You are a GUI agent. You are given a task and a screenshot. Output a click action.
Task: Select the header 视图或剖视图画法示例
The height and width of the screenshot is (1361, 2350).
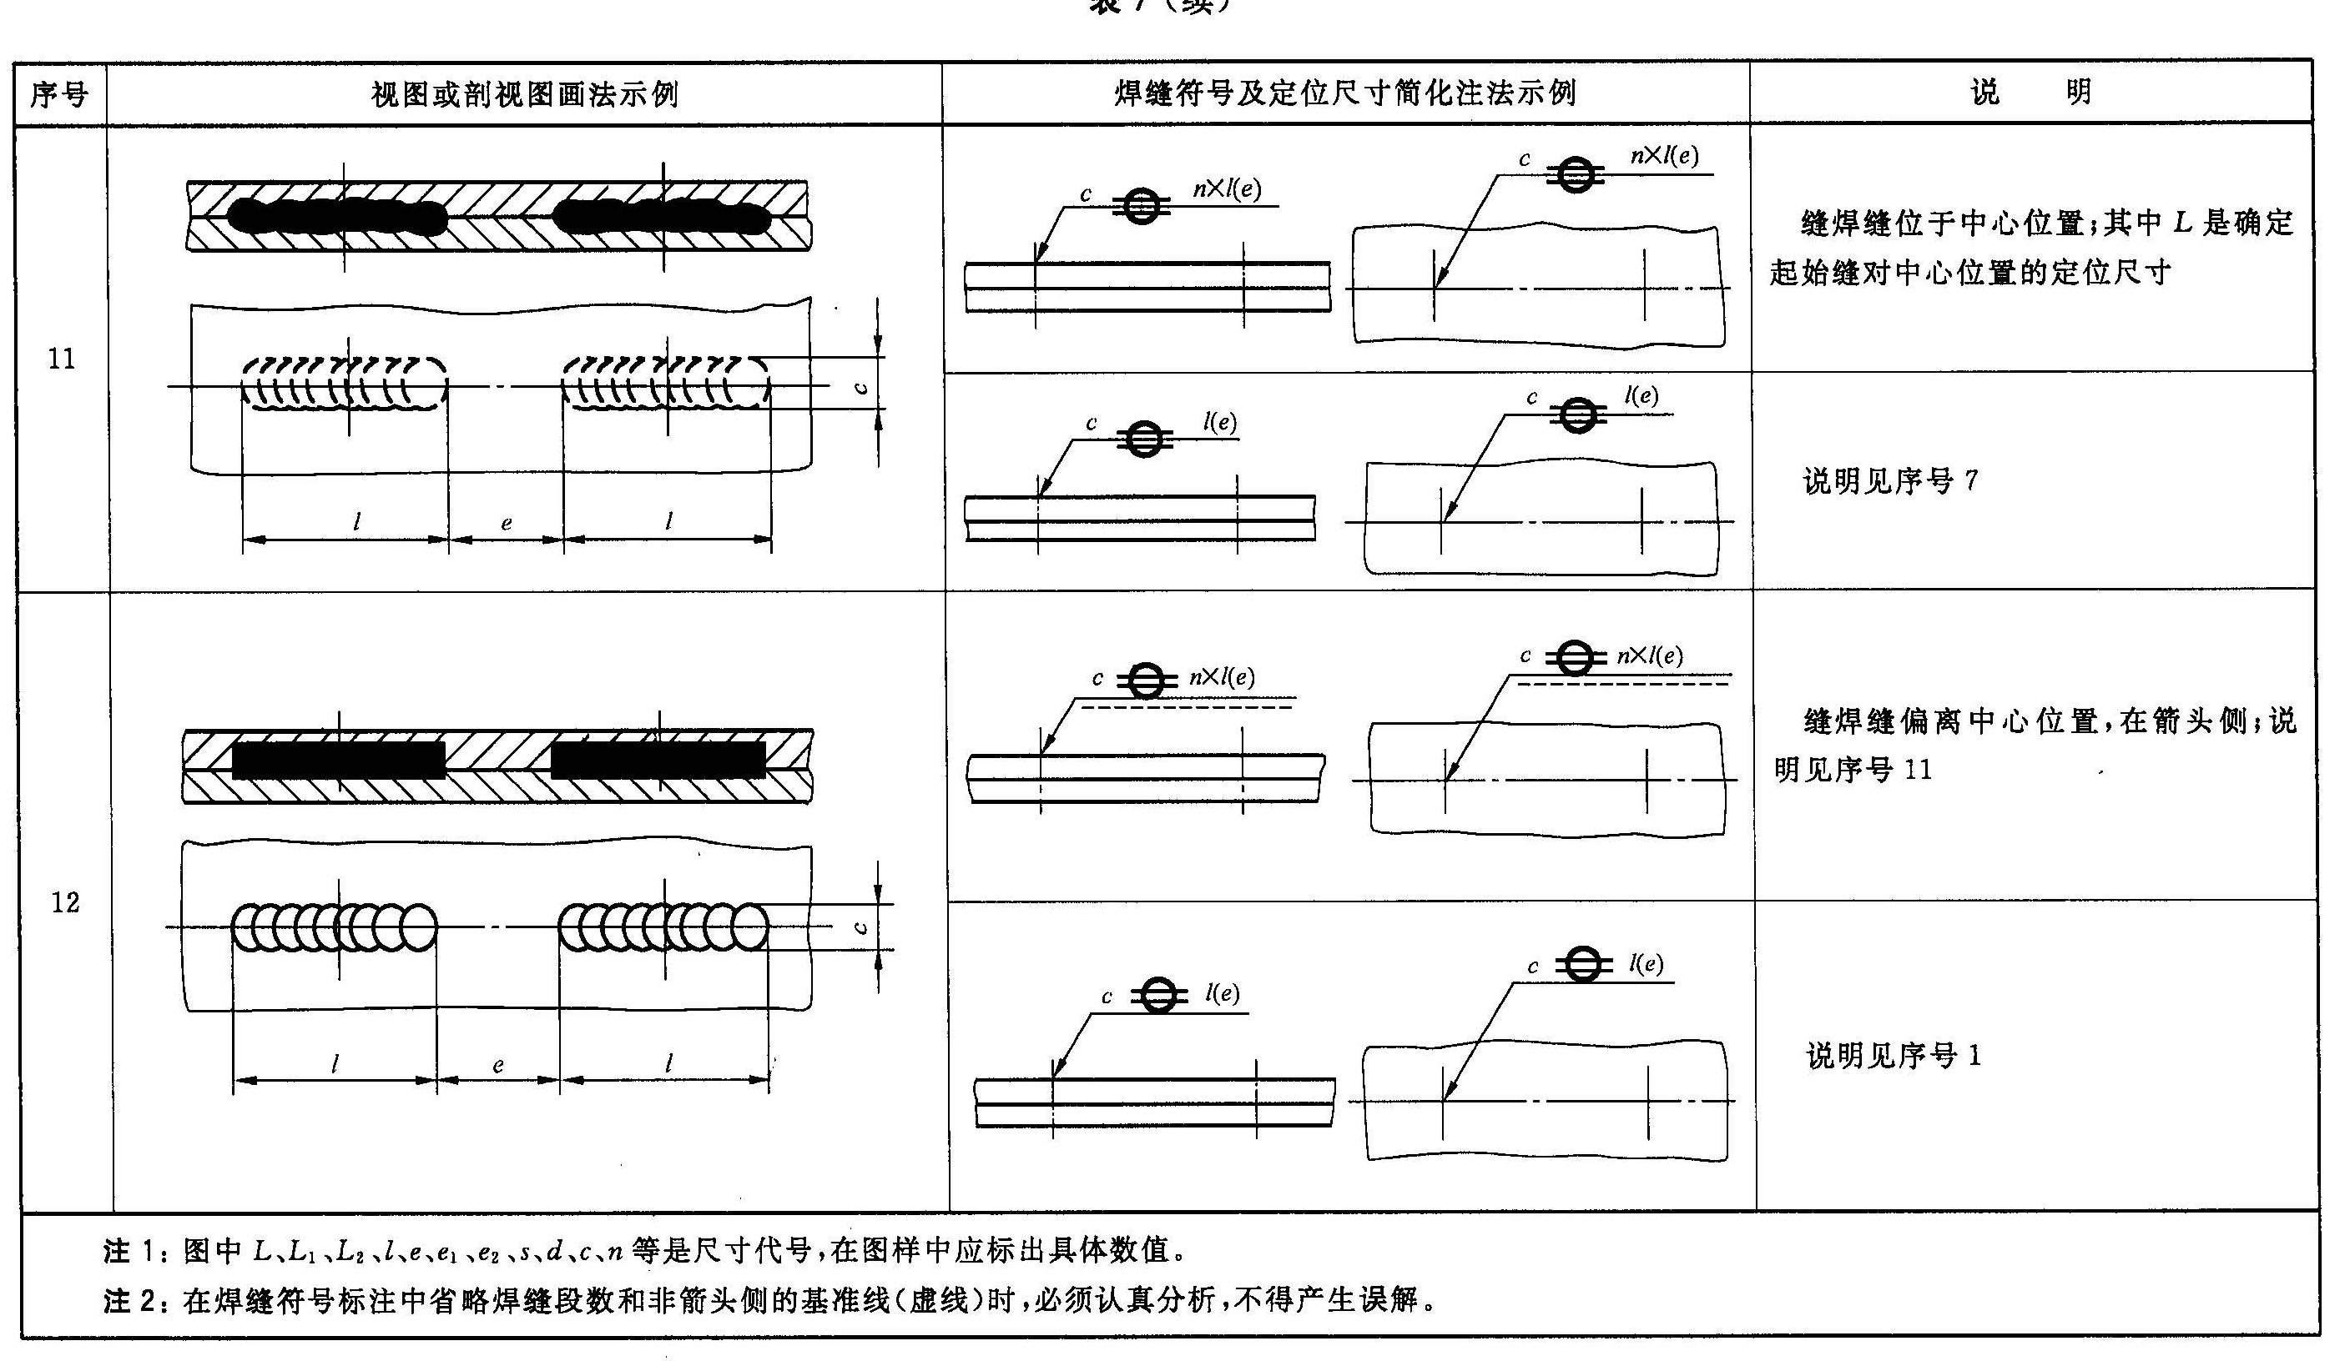[524, 94]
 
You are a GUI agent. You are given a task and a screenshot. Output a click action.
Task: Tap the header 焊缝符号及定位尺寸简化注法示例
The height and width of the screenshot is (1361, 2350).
[1344, 93]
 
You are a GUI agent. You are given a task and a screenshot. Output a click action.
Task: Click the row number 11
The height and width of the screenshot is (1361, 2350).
[62, 359]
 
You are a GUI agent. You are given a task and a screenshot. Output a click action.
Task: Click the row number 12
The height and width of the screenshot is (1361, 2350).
[64, 902]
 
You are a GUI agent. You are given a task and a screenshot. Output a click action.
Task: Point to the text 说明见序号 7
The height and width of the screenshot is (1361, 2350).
[1889, 481]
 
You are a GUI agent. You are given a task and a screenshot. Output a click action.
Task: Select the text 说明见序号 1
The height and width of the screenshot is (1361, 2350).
[1893, 1055]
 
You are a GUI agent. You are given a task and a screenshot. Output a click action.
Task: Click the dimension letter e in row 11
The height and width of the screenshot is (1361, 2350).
[507, 523]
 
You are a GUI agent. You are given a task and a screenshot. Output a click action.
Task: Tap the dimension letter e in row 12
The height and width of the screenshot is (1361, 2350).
[498, 1065]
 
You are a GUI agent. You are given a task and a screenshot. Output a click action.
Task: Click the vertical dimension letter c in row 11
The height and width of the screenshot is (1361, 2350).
[862, 386]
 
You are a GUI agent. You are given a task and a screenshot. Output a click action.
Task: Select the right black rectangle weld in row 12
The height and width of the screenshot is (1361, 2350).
[658, 760]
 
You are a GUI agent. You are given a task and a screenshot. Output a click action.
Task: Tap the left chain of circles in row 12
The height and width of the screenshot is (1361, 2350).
[334, 927]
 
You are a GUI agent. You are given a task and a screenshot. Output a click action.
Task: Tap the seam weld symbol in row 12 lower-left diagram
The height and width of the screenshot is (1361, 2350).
[1158, 996]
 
